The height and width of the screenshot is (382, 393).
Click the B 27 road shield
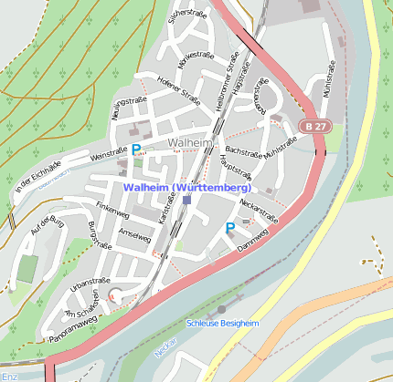pos(315,127)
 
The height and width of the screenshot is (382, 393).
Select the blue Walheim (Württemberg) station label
pos(186,187)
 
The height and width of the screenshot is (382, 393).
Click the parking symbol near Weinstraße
pos(136,149)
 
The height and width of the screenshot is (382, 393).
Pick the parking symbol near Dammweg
pos(230,227)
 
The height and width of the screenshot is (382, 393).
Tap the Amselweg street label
pos(134,235)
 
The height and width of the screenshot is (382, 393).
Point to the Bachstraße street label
pos(244,150)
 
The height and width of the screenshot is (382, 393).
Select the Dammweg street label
pos(252,238)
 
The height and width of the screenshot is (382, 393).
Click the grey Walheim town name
pos(190,143)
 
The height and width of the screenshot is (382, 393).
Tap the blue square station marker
pos(186,200)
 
